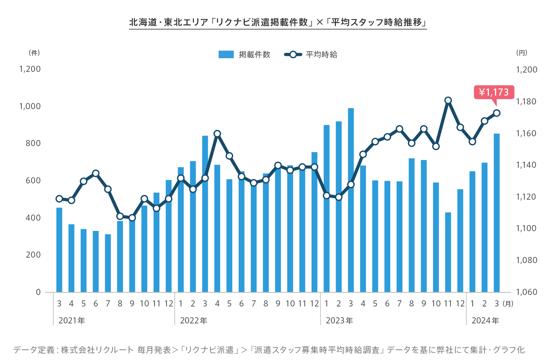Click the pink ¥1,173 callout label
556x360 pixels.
(x=494, y=92)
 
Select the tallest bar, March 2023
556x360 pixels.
(x=351, y=200)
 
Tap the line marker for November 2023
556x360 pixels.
(x=448, y=100)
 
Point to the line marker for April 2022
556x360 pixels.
(x=217, y=134)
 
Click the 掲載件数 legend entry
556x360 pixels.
(x=244, y=55)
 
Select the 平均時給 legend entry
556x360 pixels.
(x=311, y=55)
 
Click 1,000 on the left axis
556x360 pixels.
(x=30, y=106)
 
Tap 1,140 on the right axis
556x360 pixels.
(x=526, y=165)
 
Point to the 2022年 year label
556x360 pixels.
(x=194, y=321)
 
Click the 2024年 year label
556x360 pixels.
(x=485, y=321)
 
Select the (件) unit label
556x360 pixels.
(x=34, y=53)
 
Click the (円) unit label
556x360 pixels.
(x=521, y=53)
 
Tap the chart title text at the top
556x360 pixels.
(x=278, y=22)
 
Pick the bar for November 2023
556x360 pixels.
(x=448, y=252)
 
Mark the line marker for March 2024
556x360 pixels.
(x=497, y=113)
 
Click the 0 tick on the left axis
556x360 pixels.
(x=38, y=292)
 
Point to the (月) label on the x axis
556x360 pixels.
(x=508, y=304)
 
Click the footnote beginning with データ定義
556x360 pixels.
(x=269, y=350)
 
